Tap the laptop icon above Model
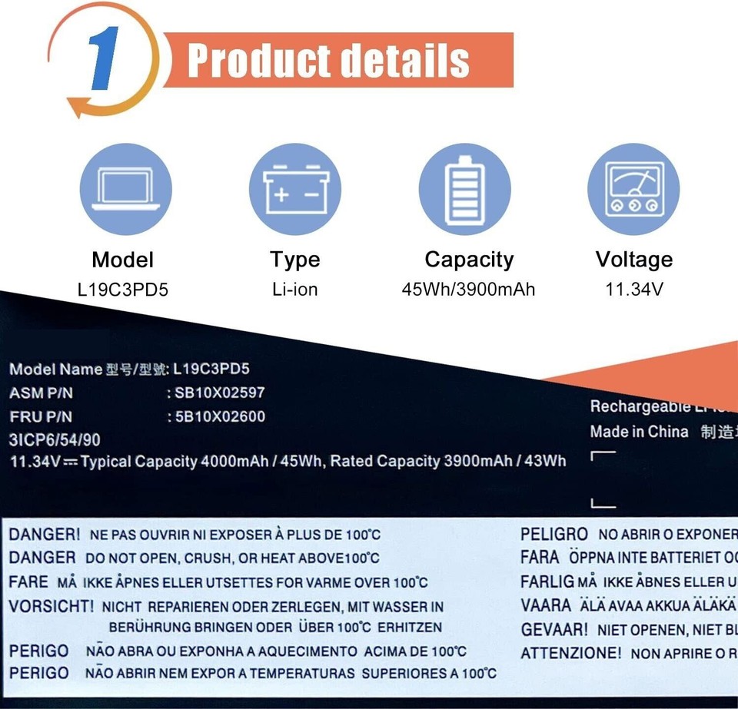[x=125, y=189]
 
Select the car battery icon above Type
[x=295, y=189]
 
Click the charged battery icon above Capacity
[x=464, y=189]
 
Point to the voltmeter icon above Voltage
[x=633, y=189]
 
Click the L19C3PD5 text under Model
[x=123, y=290]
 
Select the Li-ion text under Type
[x=294, y=290]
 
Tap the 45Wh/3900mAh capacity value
[x=468, y=290]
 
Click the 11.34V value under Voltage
[x=634, y=290]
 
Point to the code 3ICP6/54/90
[x=55, y=440]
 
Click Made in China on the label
[x=639, y=432]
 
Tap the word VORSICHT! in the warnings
[x=52, y=606]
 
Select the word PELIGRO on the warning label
[x=554, y=534]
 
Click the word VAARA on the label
[x=546, y=605]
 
